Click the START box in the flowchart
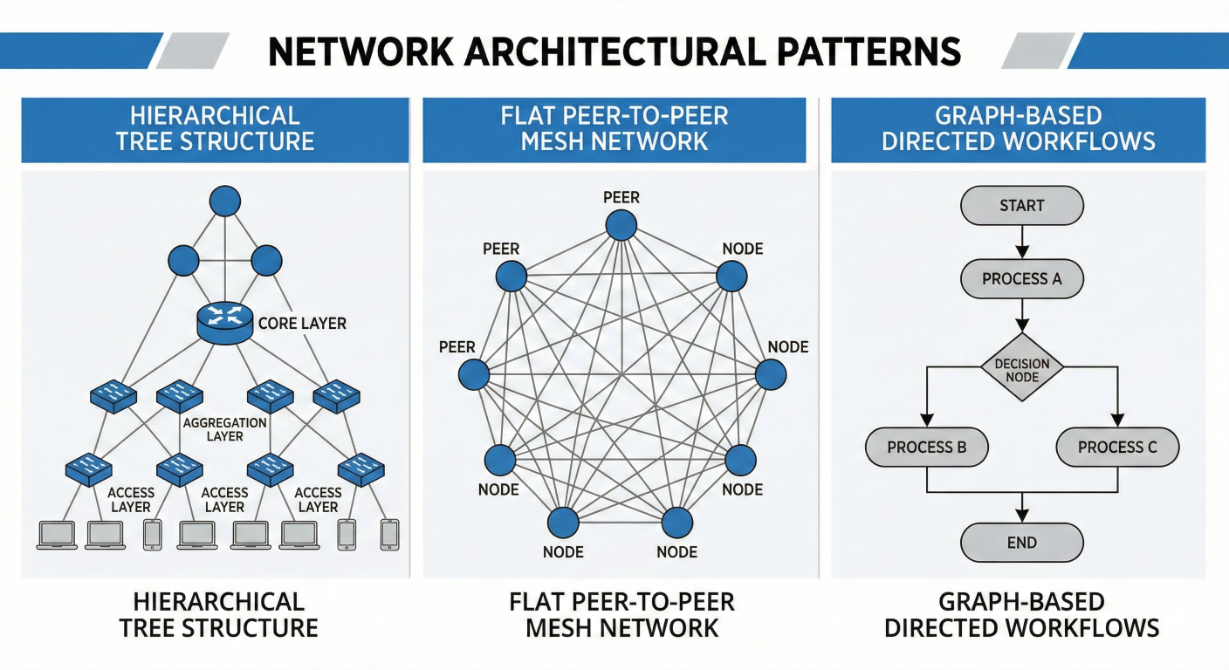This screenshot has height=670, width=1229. point(1021,206)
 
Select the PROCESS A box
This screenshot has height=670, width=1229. point(1021,279)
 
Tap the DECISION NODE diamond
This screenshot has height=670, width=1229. point(1021,369)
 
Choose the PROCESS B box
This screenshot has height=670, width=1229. point(926,448)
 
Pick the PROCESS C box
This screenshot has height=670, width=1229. point(1117,448)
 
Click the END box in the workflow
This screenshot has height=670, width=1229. point(1021,543)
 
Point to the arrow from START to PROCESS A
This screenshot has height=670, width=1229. point(1021,242)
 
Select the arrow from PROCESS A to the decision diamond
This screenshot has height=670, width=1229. point(1021,315)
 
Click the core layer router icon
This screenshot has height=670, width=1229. point(224,324)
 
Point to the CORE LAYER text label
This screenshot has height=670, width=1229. point(302,324)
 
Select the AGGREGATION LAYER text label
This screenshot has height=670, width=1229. point(224,429)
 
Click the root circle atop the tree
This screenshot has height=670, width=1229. point(224,202)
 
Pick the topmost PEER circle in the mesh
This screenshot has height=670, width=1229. point(621,225)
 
